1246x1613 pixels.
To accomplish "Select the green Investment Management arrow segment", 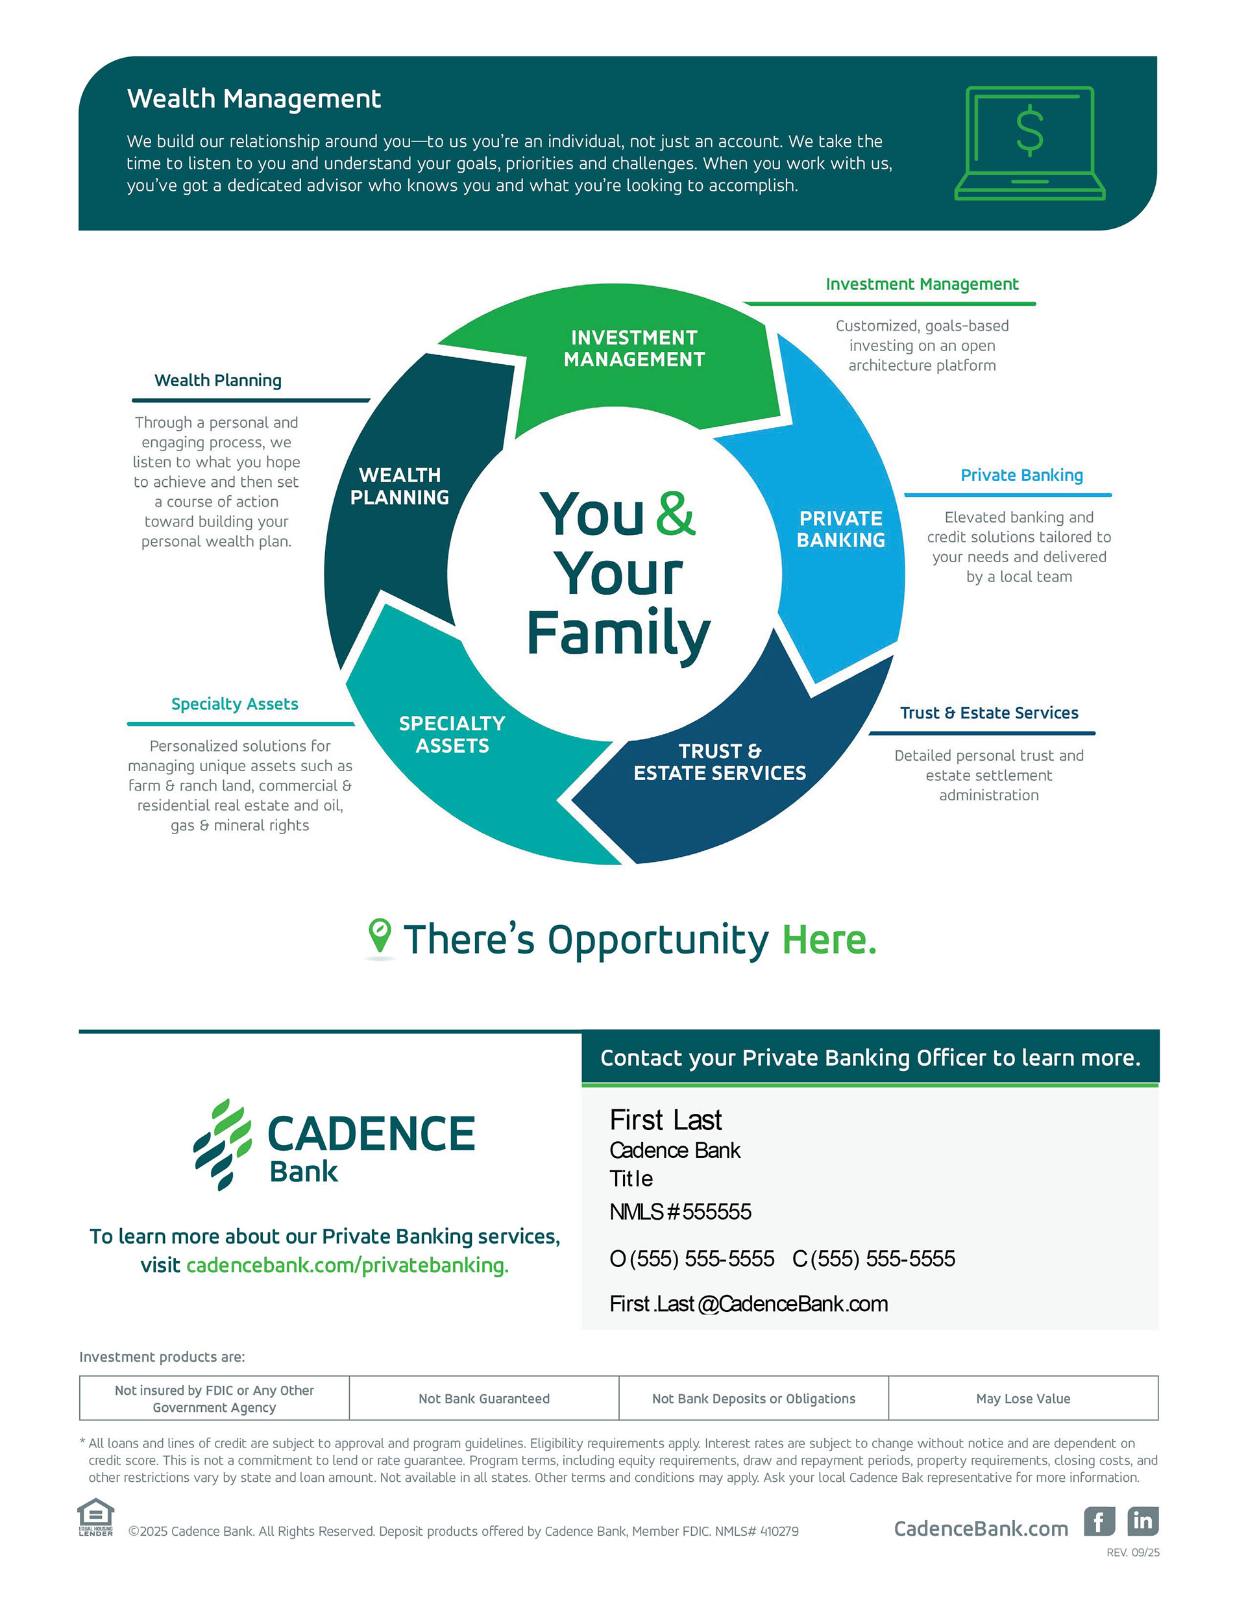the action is tap(634, 349).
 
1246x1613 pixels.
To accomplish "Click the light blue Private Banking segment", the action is tap(840, 529).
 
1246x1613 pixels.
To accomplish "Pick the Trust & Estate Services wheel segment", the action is tap(720, 762).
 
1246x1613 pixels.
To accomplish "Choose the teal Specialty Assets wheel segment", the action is tap(452, 734).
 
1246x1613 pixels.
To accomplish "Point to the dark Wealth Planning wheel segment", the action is tap(400, 486).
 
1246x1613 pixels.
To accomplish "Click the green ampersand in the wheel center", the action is tap(675, 513).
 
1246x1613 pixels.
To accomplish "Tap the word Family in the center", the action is tap(618, 633).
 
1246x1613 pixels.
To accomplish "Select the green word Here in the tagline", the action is tap(829, 939).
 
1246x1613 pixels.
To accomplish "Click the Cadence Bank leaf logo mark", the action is tap(223, 1143).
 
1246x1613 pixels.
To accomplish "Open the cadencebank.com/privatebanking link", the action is tap(347, 1265).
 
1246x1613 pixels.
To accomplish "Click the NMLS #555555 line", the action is tap(679, 1211).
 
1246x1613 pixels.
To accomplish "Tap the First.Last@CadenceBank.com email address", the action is tap(748, 1303).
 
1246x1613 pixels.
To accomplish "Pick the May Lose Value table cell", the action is tap(1022, 1398).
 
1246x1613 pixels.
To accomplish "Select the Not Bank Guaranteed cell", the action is tap(483, 1398).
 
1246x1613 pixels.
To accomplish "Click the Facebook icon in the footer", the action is tap(1098, 1521).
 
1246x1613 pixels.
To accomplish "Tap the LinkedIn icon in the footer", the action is tap(1142, 1521).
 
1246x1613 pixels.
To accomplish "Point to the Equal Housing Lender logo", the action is tap(96, 1517).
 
